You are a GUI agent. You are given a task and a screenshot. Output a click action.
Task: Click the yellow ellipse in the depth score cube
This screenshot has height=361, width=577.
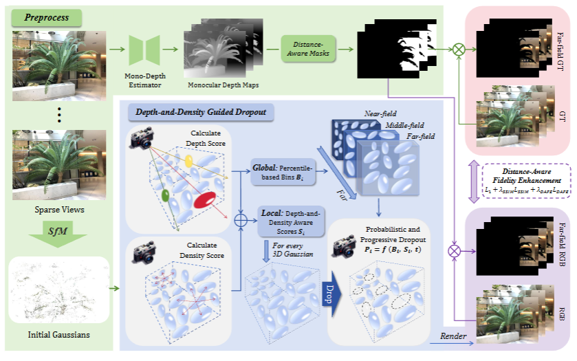[188, 160]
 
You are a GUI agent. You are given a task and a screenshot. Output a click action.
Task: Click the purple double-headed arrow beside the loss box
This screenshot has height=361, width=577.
[474, 183]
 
